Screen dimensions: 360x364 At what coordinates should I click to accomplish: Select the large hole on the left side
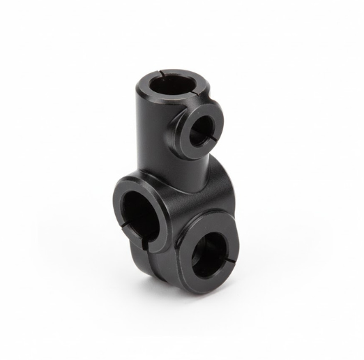pyautogui.click(x=139, y=205)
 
